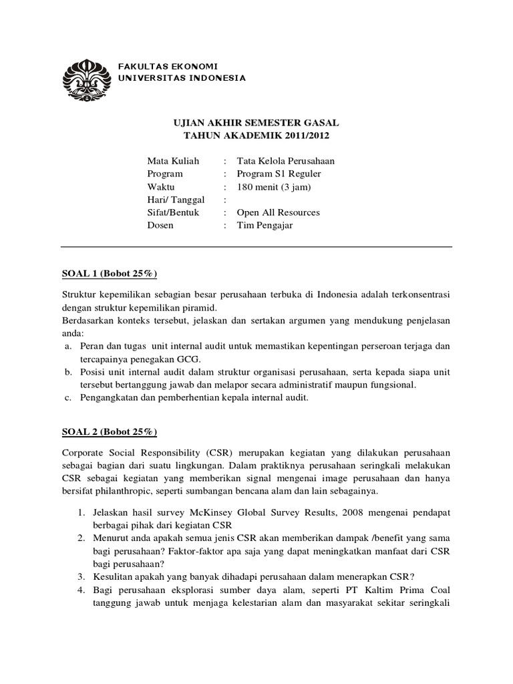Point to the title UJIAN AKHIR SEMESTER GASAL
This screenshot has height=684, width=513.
[256, 124]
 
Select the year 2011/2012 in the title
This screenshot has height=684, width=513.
[306, 136]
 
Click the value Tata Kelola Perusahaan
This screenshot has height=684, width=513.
[286, 161]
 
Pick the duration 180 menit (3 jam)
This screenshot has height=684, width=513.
[274, 186]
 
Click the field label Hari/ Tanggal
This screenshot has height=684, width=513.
[176, 200]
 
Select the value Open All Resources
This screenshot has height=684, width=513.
[279, 212]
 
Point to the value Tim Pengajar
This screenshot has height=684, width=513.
[265, 225]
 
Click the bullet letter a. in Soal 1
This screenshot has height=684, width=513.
[67, 346]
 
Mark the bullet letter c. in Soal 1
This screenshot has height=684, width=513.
[67, 398]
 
